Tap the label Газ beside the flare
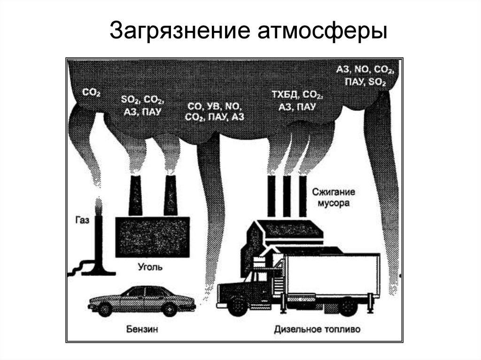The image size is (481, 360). point(82,219)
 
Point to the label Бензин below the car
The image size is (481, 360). point(141,329)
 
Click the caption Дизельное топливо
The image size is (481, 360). point(318,329)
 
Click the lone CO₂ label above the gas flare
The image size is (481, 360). point(92,93)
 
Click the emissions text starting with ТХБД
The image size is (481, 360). point(297,100)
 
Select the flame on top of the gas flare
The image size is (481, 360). point(98,205)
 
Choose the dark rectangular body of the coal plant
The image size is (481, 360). point(152,237)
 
